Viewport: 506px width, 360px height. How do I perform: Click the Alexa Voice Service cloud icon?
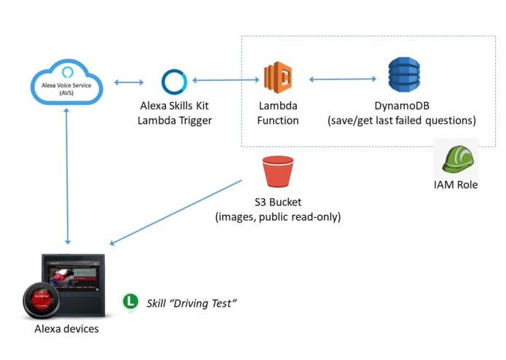click(x=67, y=83)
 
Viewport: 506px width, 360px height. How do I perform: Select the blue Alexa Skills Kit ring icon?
click(x=175, y=82)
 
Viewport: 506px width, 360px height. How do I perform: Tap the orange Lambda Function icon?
click(x=278, y=79)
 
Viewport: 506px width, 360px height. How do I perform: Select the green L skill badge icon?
click(x=130, y=301)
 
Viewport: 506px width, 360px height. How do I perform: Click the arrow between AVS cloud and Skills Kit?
click(x=128, y=82)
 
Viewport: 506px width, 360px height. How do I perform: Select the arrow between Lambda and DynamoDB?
click(x=342, y=79)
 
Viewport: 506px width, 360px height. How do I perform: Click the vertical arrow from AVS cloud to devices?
click(x=68, y=176)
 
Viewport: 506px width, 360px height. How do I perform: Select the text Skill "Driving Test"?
click(x=192, y=302)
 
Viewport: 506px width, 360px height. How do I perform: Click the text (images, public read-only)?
click(x=277, y=217)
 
